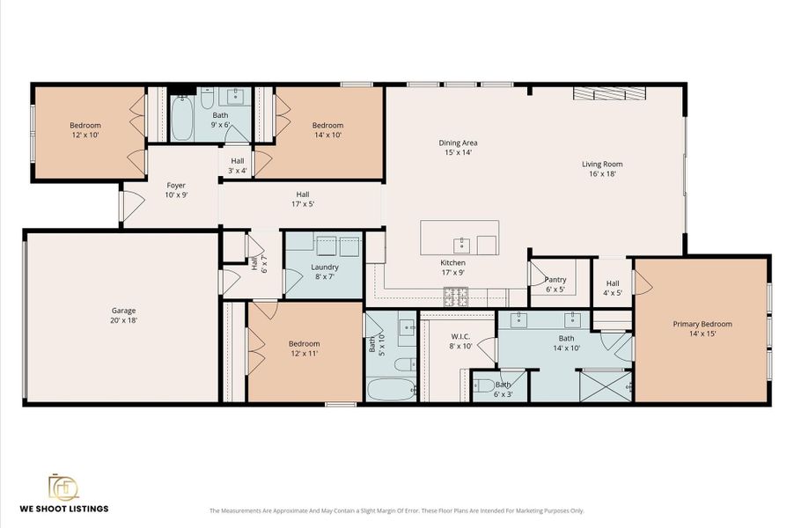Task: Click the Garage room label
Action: point(124,311)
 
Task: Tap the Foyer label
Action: point(176,186)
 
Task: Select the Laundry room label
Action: point(325,267)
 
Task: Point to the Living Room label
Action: point(602,164)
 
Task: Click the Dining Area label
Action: point(458,143)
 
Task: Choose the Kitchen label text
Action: point(453,262)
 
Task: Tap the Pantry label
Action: point(555,280)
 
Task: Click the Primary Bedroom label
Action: point(702,324)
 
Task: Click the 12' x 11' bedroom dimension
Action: point(305,353)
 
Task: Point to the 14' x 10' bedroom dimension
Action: point(327,135)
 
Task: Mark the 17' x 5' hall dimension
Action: point(303,204)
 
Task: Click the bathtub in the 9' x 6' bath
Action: point(182,121)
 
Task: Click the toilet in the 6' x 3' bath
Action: point(483,385)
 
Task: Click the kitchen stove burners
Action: point(455,299)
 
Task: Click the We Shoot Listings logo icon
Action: point(62,487)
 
